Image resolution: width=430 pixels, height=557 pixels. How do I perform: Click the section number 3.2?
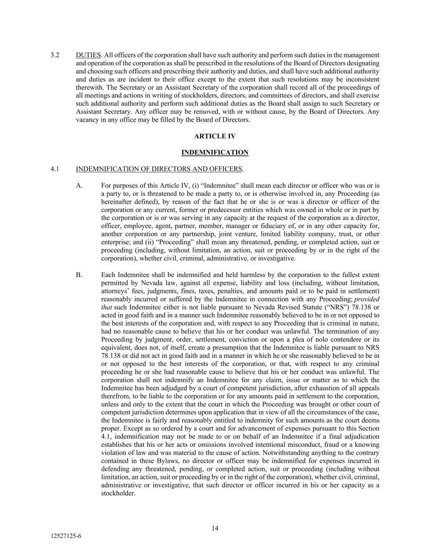click(55, 55)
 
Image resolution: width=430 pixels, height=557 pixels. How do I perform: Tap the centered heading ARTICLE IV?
click(215, 136)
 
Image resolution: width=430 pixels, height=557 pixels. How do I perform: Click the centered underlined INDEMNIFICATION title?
click(215, 153)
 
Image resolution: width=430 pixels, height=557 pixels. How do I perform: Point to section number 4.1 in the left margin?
click(55, 169)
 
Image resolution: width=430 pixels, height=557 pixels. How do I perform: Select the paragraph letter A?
click(79, 186)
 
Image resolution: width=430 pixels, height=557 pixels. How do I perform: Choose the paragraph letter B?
click(79, 275)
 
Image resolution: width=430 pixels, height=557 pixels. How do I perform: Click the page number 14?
click(215, 528)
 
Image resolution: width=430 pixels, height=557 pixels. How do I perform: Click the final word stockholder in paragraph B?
click(117, 493)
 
